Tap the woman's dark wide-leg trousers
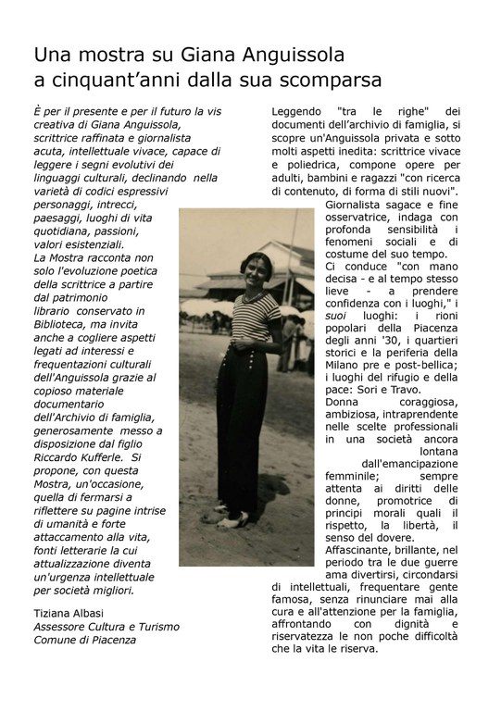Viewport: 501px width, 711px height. point(249,426)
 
